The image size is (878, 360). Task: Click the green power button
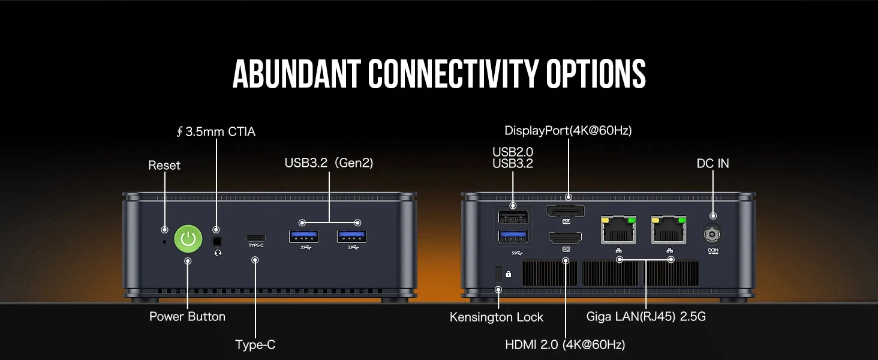click(188, 238)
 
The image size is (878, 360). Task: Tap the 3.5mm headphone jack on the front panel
click(217, 241)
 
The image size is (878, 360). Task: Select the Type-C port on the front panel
click(255, 238)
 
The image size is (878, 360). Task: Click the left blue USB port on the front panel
click(304, 236)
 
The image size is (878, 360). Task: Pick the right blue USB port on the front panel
click(351, 236)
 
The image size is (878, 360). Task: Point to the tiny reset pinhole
click(164, 242)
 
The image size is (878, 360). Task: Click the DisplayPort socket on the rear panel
click(565, 211)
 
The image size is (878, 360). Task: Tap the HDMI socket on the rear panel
click(565, 238)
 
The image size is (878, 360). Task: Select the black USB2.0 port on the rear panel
click(513, 217)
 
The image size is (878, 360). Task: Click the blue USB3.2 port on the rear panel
click(513, 236)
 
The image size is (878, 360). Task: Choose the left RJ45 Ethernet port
click(618, 230)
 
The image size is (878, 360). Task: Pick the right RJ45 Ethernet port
click(669, 230)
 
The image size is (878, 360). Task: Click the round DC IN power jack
click(712, 235)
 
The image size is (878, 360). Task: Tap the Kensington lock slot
click(498, 274)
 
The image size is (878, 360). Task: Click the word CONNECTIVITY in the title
click(453, 74)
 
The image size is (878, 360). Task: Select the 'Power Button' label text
click(187, 316)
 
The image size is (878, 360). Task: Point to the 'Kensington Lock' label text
click(496, 317)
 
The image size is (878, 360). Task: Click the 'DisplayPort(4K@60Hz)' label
click(568, 131)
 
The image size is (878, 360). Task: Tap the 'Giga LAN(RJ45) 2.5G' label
click(645, 316)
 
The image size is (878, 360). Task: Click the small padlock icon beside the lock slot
click(509, 274)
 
